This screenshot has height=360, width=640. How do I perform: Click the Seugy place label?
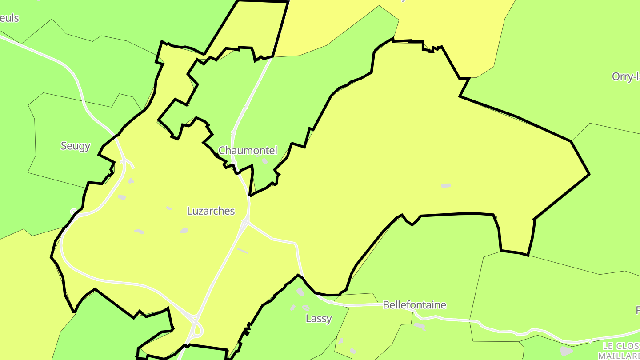[x=76, y=146]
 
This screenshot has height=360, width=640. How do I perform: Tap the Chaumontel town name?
[x=248, y=151]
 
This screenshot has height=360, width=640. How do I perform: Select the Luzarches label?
[x=211, y=211]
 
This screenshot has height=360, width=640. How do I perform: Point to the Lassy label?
[x=319, y=319]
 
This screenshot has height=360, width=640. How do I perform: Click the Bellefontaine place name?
[x=414, y=305]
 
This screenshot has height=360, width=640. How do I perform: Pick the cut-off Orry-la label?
[x=625, y=76]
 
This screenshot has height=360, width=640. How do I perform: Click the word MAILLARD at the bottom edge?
[x=619, y=356]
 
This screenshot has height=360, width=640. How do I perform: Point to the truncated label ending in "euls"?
[x=9, y=18]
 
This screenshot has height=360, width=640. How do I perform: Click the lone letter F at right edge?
[x=637, y=310]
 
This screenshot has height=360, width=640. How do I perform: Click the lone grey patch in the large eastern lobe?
[x=446, y=185]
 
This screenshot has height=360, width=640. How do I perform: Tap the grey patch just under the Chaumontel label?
[x=264, y=161]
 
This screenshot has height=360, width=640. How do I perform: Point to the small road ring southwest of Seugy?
[x=74, y=212]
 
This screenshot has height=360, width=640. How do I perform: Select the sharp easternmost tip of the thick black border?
[x=589, y=174]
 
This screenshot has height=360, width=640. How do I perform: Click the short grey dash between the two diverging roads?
[x=242, y=251]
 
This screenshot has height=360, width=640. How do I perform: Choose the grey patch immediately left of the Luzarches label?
[x=169, y=208]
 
